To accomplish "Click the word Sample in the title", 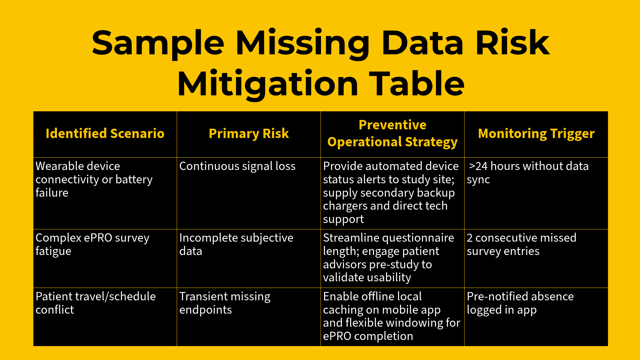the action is (x=158, y=43).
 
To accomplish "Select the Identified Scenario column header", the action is (x=105, y=133).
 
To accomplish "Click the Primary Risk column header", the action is (x=249, y=133).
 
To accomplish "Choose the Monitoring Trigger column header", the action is (x=536, y=133).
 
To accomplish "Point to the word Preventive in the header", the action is (x=392, y=125).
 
